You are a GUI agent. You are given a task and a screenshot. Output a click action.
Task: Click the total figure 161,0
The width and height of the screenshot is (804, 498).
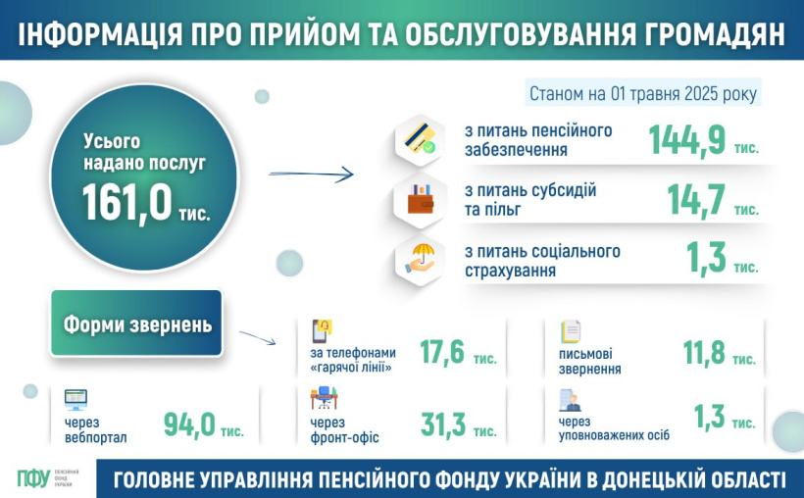(x=127, y=203)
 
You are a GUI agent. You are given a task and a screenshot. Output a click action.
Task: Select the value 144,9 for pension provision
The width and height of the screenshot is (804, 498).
(x=687, y=139)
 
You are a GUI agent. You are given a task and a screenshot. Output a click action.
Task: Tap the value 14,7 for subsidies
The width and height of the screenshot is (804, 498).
(x=696, y=200)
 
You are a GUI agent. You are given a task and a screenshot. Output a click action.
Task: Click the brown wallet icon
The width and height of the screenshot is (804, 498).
(x=421, y=200)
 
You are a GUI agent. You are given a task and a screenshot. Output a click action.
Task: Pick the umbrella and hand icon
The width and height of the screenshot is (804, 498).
(x=421, y=259)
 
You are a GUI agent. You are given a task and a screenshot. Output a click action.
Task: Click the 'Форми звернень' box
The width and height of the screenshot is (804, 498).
(x=136, y=324)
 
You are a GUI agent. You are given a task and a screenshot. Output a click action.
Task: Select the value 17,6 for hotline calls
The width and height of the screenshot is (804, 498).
(x=442, y=353)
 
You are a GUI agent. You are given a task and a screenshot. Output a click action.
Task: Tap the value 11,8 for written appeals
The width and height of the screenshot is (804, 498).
(x=704, y=353)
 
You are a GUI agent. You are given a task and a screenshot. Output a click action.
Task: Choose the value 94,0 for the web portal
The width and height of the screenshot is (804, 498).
(x=189, y=425)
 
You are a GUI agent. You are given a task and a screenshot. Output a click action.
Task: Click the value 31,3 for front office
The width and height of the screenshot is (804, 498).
(x=443, y=425)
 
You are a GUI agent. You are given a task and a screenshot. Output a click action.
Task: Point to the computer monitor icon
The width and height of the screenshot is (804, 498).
(x=75, y=400)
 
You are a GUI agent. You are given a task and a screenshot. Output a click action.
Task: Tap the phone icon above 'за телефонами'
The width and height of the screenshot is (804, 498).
(x=322, y=331)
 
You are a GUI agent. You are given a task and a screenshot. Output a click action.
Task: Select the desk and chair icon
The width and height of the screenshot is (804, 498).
(x=324, y=398)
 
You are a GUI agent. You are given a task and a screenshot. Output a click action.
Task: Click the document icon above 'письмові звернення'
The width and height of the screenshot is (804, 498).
(x=571, y=331)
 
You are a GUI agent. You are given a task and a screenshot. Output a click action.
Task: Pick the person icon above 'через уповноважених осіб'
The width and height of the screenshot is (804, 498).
(x=570, y=401)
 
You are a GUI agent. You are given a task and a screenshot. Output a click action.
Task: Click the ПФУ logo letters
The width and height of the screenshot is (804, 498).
(x=34, y=478)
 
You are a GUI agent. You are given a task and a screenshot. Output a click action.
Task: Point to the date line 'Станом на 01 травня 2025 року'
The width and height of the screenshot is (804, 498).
(x=643, y=94)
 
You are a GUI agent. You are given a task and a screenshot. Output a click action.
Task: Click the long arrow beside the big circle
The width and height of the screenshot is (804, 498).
(x=311, y=174)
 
